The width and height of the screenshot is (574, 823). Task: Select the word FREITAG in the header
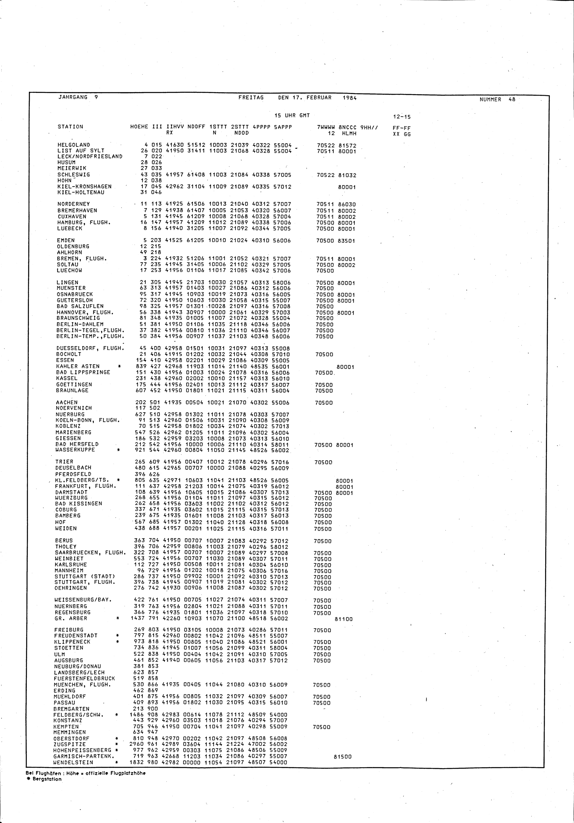pyautogui.click(x=251, y=97)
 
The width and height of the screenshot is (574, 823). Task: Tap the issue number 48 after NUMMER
pyautogui.click(x=511, y=100)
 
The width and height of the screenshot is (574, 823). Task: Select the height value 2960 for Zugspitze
pyautogui.click(x=136, y=744)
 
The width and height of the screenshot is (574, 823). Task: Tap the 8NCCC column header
pyautogui.click(x=347, y=127)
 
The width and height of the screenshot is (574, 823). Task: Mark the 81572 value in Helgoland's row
pyautogui.click(x=347, y=145)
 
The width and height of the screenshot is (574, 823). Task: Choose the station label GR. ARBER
pyautogui.click(x=71, y=618)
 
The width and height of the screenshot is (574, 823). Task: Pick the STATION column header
pyautogui.click(x=70, y=126)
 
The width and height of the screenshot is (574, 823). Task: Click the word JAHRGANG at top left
pyautogui.click(x=73, y=97)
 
